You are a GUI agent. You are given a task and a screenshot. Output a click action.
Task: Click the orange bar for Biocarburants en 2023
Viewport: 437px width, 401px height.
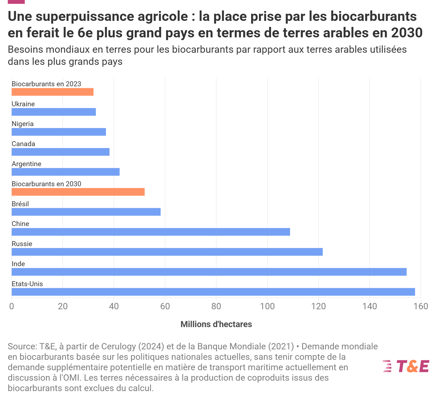coord(53,92)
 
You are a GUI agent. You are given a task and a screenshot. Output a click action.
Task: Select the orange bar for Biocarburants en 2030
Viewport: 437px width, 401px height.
coord(78,192)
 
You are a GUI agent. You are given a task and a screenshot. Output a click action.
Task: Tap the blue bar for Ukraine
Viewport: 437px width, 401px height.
coord(54,112)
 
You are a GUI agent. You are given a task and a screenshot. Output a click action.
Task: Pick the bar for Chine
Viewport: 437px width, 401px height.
coord(151,232)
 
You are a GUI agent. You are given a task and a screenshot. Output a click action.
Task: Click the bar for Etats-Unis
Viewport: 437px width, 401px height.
coord(213,292)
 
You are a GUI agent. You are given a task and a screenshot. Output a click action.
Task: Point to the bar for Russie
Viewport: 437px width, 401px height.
coord(167,252)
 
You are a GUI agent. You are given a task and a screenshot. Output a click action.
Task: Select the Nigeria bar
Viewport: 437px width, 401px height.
coord(59,132)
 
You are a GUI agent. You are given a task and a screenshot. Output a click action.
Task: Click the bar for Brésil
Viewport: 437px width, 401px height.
coord(86,212)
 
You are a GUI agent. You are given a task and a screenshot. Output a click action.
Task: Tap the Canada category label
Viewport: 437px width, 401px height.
coord(23,144)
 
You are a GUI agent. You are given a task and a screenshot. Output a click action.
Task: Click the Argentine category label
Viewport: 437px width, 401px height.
coord(26,164)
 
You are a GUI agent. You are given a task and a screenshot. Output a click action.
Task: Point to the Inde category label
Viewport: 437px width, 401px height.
coord(18,264)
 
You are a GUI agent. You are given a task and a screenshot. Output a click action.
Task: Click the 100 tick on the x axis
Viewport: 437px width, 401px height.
coord(267,306)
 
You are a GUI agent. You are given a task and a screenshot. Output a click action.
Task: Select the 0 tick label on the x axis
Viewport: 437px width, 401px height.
coord(12,306)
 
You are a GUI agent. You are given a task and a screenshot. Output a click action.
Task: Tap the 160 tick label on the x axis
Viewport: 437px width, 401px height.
coord(421,306)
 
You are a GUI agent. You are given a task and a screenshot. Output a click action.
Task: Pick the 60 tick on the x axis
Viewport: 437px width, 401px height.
coord(165,306)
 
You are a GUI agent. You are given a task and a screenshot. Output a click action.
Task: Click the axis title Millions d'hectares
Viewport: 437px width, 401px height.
coord(216,324)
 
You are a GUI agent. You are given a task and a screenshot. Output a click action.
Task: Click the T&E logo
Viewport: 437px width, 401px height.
coord(406,366)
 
